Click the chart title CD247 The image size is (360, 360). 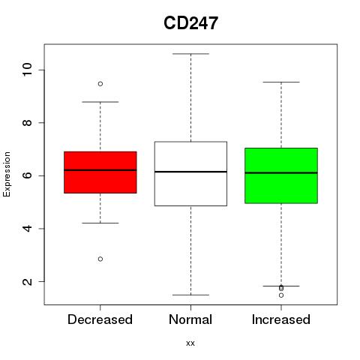coord(190,23)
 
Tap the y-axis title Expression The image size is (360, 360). coord(7,174)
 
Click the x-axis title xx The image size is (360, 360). coord(190,343)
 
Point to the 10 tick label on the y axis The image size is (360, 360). coord(27,70)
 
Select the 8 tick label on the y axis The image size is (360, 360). coord(27,122)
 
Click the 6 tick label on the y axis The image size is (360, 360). coord(27,175)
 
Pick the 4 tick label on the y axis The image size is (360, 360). coord(27,228)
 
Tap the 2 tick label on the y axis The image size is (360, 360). coord(27,281)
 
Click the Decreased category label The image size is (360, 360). coord(100,319)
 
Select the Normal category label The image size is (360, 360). coord(190,319)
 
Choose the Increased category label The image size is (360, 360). coord(281,319)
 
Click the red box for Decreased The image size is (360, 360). coord(100,172)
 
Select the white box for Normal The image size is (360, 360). coord(190,174)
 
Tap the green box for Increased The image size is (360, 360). coord(281,175)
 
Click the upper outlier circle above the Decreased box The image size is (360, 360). coord(100,84)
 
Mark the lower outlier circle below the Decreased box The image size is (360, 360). coord(100,259)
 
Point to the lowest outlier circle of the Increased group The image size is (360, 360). coord(281,295)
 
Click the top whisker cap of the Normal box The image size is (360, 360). coord(190,54)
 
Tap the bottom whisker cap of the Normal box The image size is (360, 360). coord(190,295)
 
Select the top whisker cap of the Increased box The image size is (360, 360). coord(281,82)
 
